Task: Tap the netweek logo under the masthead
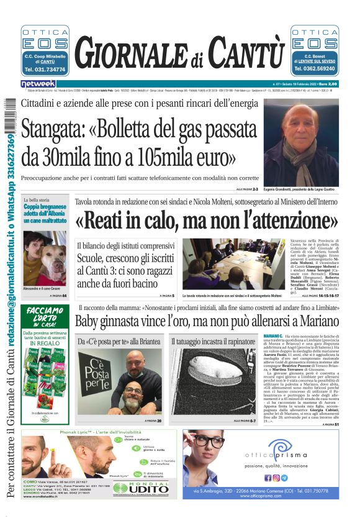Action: pos(38,83)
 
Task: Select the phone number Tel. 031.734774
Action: pos(45,70)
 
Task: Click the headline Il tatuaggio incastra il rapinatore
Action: pos(212,342)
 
